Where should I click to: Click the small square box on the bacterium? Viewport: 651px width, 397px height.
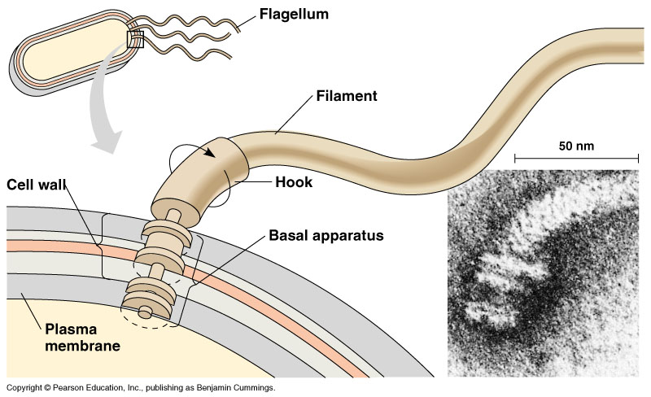pyautogui.click(x=134, y=38)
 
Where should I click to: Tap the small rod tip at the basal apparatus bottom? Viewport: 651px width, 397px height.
pyautogui.click(x=144, y=311)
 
